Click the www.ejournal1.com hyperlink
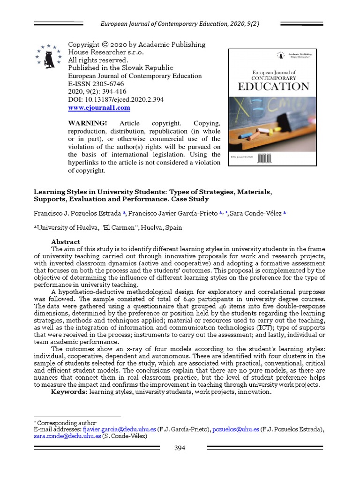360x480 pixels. click(99, 108)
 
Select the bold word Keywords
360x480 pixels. click(69, 392)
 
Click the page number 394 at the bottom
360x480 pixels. click(180, 448)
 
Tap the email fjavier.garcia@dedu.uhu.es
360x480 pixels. click(119, 429)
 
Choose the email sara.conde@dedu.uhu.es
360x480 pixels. click(67, 436)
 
